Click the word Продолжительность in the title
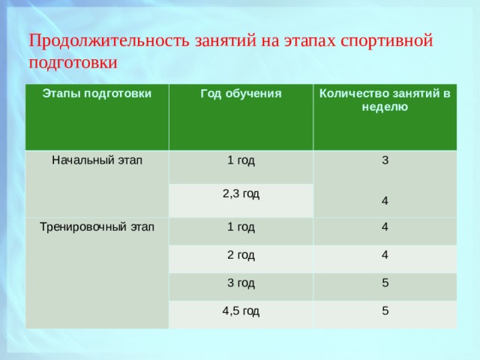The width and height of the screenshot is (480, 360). coord(109,40)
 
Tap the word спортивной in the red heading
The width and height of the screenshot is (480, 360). coord(387,40)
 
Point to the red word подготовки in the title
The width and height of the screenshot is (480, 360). coord(73,63)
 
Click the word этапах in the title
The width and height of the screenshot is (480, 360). coord(310,41)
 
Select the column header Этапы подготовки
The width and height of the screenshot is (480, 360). coord(97,94)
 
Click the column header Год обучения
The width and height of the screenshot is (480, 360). coord(241,94)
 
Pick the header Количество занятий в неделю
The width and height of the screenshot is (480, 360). coord(385,100)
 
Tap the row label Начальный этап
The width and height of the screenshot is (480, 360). coord(97,160)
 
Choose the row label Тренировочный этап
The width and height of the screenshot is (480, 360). coord(97,227)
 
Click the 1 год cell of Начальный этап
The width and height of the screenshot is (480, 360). coord(241,160)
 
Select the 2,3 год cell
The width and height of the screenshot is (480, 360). coord(241,193)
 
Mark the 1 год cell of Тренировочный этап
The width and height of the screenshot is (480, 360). coord(241,227)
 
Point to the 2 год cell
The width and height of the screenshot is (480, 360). coord(241,255)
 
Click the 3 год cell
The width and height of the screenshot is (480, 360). coord(241,283)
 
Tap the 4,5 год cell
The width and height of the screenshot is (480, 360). coord(241,311)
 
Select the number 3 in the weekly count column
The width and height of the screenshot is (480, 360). coord(385,160)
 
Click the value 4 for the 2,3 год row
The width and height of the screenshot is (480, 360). coord(385,201)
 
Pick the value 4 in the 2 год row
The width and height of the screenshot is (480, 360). coord(385,255)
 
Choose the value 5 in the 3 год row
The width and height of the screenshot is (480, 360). coord(385,283)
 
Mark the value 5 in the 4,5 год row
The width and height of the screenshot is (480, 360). coord(385,310)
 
